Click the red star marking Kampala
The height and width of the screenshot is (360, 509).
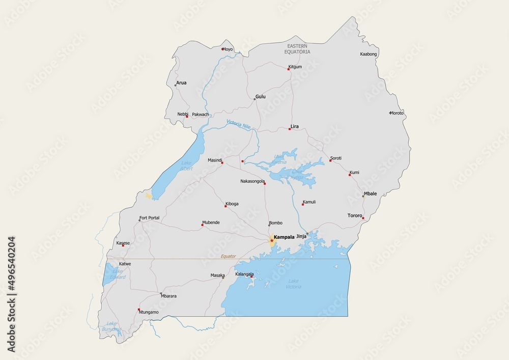pyautogui.click(x=272, y=240)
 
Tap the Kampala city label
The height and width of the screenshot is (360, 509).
pyautogui.click(x=284, y=237)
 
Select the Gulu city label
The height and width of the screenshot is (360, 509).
pyautogui.click(x=261, y=96)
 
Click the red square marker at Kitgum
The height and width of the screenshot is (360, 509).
pyautogui.click(x=289, y=69)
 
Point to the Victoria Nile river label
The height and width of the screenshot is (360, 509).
pyautogui.click(x=239, y=124)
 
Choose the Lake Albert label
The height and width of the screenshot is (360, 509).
pyautogui.click(x=187, y=165)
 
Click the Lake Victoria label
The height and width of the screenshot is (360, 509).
pyautogui.click(x=294, y=284)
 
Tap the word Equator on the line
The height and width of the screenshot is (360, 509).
pyautogui.click(x=229, y=256)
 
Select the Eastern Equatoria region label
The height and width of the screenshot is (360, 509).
pyautogui.click(x=297, y=49)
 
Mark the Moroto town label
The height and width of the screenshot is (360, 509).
pyautogui.click(x=397, y=113)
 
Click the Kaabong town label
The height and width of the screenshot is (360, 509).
pyautogui.click(x=369, y=54)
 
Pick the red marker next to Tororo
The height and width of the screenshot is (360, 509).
pyautogui.click(x=363, y=218)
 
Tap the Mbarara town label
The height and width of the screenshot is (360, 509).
pyautogui.click(x=168, y=296)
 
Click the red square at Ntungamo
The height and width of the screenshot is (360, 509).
pyautogui.click(x=139, y=309)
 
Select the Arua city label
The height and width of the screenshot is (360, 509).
pyautogui.click(x=181, y=82)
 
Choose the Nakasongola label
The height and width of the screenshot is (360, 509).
pyautogui.click(x=252, y=181)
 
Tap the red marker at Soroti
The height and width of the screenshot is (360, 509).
pyautogui.click(x=330, y=160)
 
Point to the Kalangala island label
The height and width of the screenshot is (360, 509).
pyautogui.click(x=244, y=274)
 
